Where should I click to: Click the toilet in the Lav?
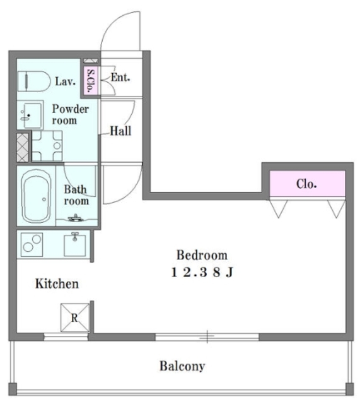pyautogui.click(x=33, y=81)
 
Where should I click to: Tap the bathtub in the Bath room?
pyautogui.click(x=36, y=196)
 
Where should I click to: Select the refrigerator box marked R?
pyautogui.click(x=75, y=318)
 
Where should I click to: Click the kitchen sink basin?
pyautogui.click(x=74, y=245)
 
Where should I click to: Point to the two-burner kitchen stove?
pyautogui.click(x=32, y=245)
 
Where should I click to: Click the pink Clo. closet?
pyautogui.click(x=307, y=184)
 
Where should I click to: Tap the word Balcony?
pyautogui.click(x=182, y=366)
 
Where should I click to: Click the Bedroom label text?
pyautogui.click(x=202, y=255)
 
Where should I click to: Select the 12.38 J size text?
pyautogui.click(x=202, y=272)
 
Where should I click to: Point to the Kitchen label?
pyautogui.click(x=57, y=283)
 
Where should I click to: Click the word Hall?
pyautogui.click(x=120, y=131)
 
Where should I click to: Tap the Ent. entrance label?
pyautogui.click(x=120, y=77)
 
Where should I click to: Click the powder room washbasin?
pyautogui.click(x=30, y=115)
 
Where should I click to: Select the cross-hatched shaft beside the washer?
pyautogui.click(x=23, y=148)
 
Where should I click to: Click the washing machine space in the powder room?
pyautogui.click(x=47, y=146)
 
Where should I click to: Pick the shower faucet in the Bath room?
pyautogui.click(x=76, y=218)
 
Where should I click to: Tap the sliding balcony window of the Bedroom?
pyautogui.click(x=207, y=336)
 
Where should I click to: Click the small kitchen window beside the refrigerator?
pyautogui.click(x=66, y=336)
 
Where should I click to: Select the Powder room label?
pyautogui.click(x=70, y=115)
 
